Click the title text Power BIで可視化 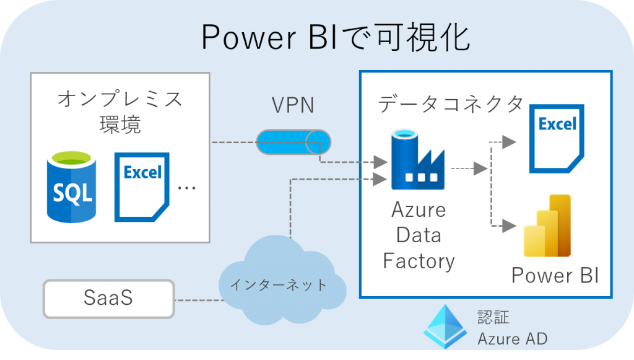pyautogui.click(x=335, y=38)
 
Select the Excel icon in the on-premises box pyautogui.click(x=142, y=187)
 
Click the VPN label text pyautogui.click(x=293, y=105)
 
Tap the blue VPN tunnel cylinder pyautogui.click(x=293, y=143)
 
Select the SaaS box pyautogui.click(x=109, y=298)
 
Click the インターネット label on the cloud pyautogui.click(x=278, y=285)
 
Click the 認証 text pyautogui.click(x=493, y=317)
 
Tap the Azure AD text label pyautogui.click(x=512, y=339)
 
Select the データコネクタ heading pyautogui.click(x=451, y=104)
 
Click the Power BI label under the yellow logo pyautogui.click(x=555, y=274)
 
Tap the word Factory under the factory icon pyautogui.click(x=419, y=261)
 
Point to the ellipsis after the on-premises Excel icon pyautogui.click(x=186, y=187)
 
